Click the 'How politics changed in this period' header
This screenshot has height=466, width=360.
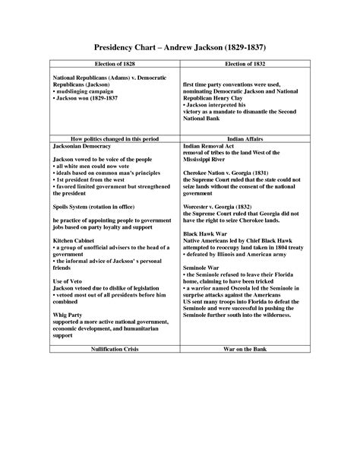pyautogui.click(x=115, y=138)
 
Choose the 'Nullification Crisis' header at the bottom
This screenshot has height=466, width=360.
pyautogui.click(x=115, y=349)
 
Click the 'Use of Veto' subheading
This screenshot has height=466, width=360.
pyautogui.click(x=68, y=282)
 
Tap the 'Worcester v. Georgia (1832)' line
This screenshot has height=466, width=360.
pyautogui.click(x=221, y=206)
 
